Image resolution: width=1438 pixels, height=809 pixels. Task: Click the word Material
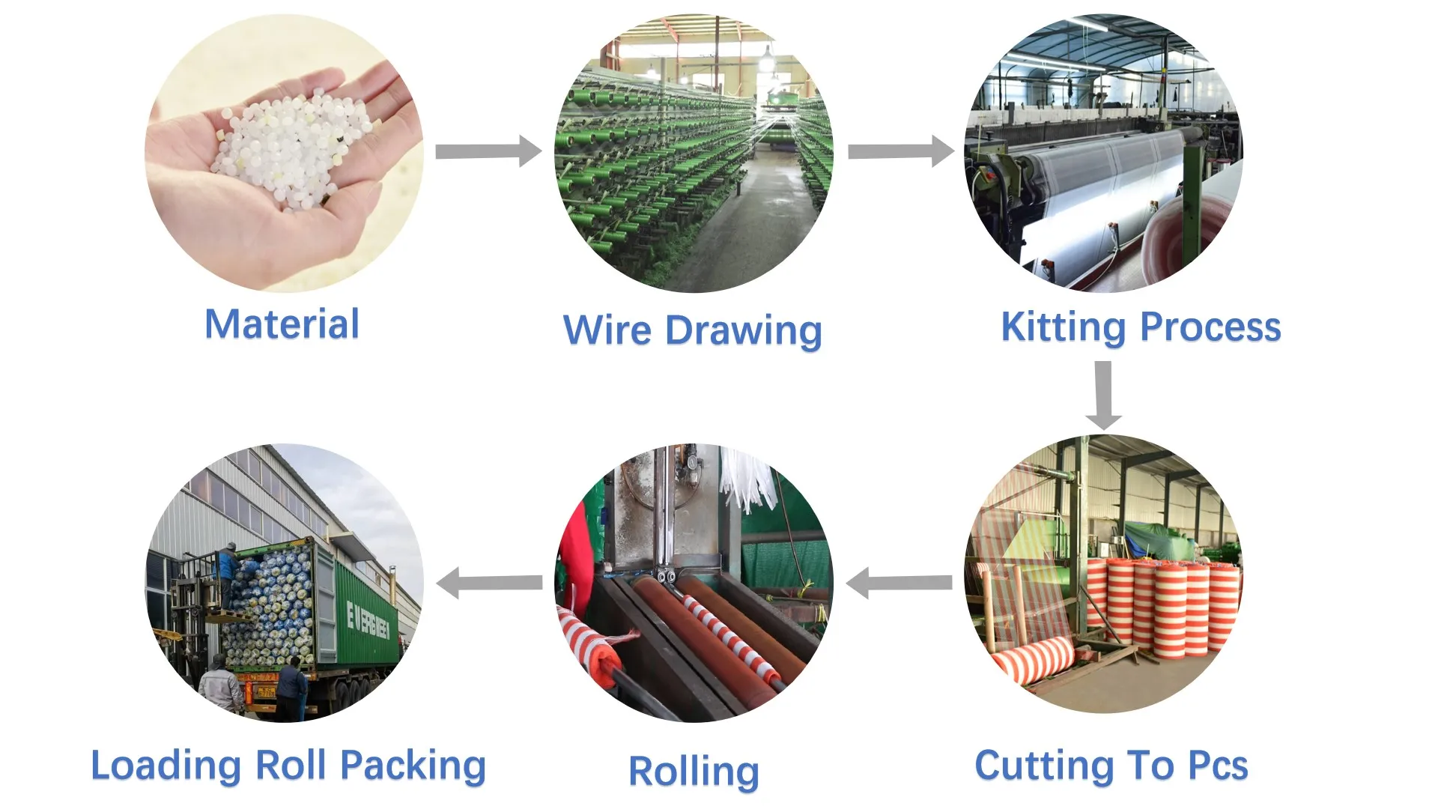282,324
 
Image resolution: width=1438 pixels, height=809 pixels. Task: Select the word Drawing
744,332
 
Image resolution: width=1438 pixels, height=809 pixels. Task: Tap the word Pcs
1218,766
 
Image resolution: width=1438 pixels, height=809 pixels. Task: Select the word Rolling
694,772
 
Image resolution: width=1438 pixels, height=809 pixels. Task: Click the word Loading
166,766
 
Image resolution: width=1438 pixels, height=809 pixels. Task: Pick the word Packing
413,766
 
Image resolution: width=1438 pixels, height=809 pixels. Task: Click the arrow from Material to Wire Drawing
488,151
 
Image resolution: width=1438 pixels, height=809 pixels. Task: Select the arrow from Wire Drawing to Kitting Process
901,151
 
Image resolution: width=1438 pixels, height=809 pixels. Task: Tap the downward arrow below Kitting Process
1103,395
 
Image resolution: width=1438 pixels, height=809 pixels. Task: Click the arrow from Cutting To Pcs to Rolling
899,583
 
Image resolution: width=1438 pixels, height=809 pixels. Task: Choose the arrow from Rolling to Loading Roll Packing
489,583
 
